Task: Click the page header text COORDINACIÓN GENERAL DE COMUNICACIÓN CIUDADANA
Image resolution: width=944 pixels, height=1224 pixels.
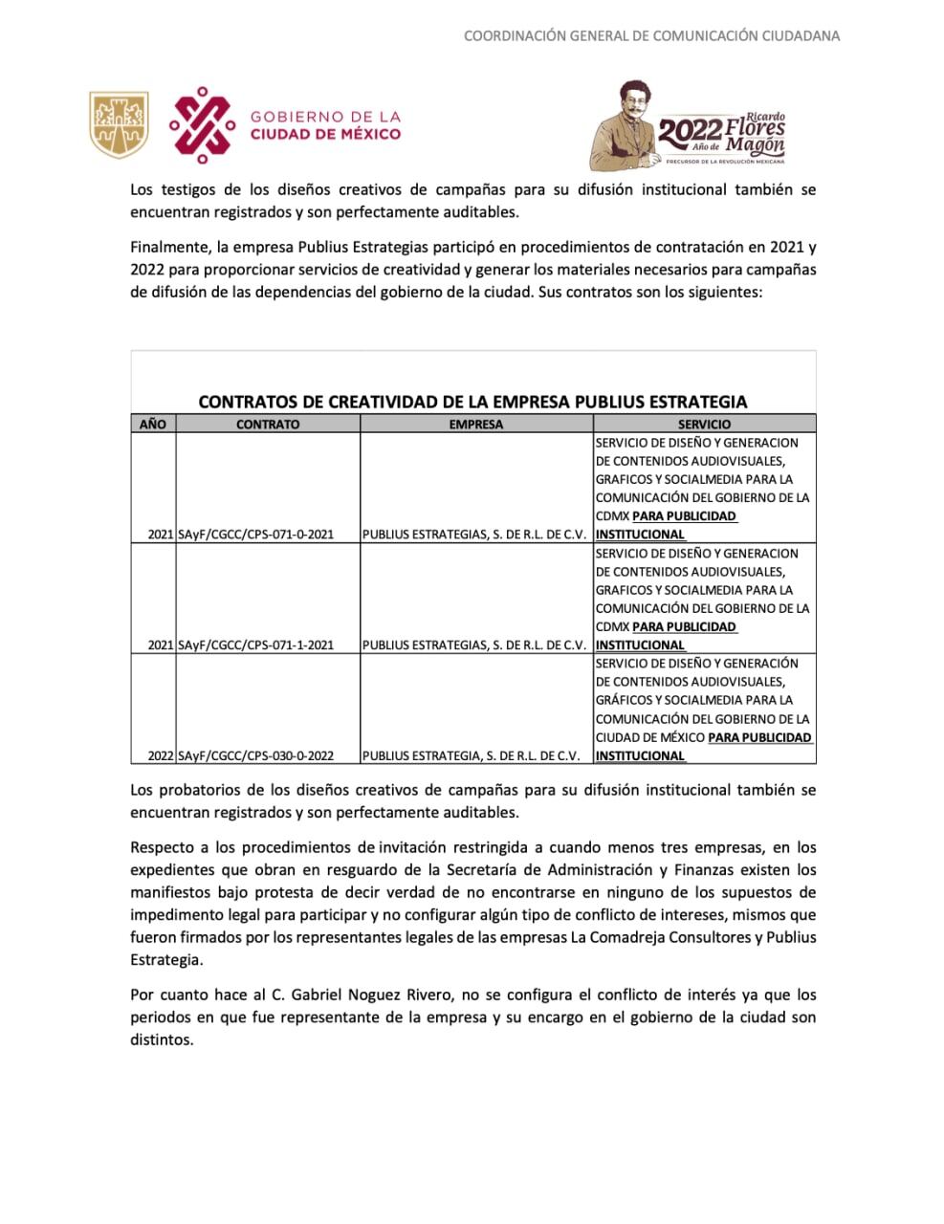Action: point(651,35)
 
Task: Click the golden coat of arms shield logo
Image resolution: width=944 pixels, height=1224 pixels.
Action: point(119,124)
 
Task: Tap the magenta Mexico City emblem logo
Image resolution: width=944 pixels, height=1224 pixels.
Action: point(202,124)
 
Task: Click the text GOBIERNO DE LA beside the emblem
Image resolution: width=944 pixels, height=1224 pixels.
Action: point(325,117)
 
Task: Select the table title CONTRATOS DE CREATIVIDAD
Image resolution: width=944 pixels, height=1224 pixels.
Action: point(472,402)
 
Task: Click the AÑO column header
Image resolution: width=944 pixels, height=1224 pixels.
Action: point(153,424)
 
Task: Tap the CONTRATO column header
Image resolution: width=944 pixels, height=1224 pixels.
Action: point(268,424)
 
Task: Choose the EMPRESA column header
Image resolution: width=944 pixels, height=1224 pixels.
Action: point(475,424)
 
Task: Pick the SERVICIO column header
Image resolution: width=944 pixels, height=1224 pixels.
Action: point(704,424)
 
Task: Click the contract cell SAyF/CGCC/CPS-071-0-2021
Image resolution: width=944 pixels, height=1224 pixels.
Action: point(256,535)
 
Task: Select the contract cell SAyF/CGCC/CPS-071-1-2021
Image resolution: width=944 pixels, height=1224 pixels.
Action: point(256,645)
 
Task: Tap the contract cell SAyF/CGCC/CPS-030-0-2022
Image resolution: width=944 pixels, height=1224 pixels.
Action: point(256,756)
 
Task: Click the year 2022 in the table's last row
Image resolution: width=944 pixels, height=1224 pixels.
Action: point(161,756)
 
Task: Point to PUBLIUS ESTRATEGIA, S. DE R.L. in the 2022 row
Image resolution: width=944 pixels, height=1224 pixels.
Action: point(471,756)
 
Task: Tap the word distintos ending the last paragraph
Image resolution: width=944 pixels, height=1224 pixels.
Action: point(161,1039)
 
